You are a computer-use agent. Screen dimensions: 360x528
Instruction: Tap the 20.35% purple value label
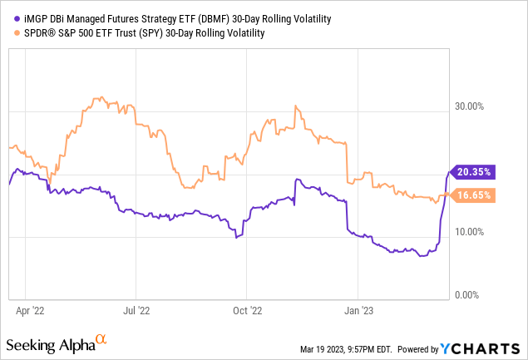472,172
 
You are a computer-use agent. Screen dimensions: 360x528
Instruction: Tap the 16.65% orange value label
472,195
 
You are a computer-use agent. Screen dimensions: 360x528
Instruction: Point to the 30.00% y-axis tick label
470,106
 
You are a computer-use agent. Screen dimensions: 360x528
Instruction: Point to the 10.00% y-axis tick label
470,231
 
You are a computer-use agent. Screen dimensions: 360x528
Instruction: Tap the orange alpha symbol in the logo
101,339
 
